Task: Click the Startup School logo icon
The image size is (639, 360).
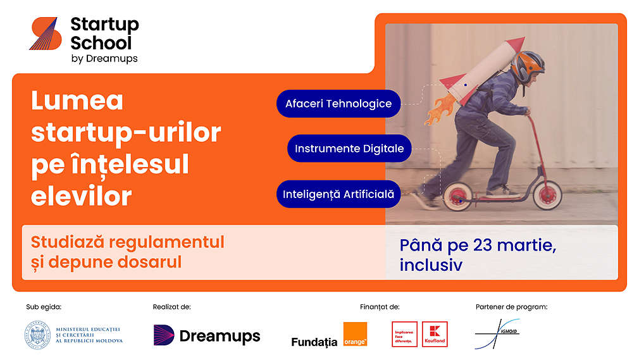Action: click(x=44, y=34)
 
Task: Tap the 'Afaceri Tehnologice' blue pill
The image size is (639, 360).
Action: click(x=338, y=104)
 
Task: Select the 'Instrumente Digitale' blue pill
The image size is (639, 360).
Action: click(x=349, y=149)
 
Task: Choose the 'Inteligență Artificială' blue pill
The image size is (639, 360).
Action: click(x=339, y=194)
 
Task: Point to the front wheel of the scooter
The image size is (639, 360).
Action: click(x=548, y=196)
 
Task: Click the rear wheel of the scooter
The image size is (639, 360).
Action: click(x=457, y=197)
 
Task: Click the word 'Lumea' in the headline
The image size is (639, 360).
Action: click(x=77, y=101)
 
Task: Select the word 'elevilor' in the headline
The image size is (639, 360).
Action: click(x=81, y=196)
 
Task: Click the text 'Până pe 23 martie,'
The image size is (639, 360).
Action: click(x=478, y=245)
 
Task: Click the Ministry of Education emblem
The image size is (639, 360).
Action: click(x=39, y=335)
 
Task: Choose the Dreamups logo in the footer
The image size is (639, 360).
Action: click(x=207, y=336)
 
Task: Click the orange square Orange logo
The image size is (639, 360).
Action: click(x=355, y=334)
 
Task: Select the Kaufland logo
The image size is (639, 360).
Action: click(x=435, y=334)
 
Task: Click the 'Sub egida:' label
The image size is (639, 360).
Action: click(x=44, y=307)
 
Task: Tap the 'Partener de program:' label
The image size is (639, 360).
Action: click(x=511, y=307)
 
